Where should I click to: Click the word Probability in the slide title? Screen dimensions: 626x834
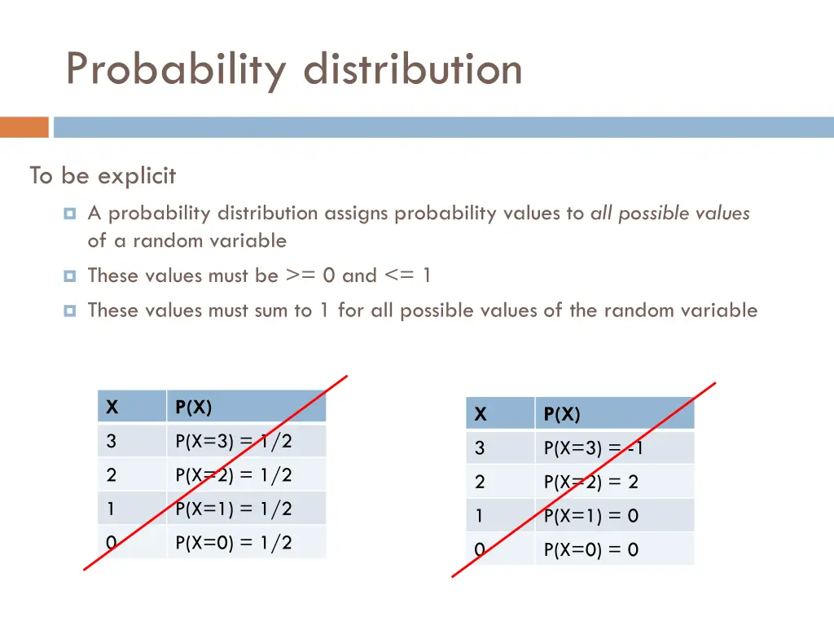tap(175, 69)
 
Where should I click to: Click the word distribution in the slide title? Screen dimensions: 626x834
tap(413, 69)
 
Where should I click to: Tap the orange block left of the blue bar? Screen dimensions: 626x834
tap(24, 127)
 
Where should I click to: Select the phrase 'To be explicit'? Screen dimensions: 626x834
tap(103, 175)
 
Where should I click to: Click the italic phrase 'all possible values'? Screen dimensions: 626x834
tap(669, 214)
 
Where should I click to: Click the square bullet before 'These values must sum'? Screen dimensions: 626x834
tap(69, 311)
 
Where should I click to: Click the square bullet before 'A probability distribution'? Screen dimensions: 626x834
tap(69, 214)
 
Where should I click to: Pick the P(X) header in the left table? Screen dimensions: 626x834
tap(193, 408)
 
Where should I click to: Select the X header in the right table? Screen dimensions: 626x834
tap(481, 415)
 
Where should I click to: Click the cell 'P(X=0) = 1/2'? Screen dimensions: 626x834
tap(234, 542)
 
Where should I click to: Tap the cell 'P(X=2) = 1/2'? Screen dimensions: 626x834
tap(234, 475)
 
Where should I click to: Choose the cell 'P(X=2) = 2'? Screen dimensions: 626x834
tap(591, 482)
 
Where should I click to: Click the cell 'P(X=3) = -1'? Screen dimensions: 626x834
tap(594, 448)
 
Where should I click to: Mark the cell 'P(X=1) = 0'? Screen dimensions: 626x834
tap(591, 516)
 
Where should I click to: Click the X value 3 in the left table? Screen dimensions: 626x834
tap(111, 442)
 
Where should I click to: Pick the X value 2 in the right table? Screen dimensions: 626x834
tap(480, 482)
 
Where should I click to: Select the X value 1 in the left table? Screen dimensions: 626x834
tap(111, 509)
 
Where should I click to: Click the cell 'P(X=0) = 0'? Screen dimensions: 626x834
tap(591, 549)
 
